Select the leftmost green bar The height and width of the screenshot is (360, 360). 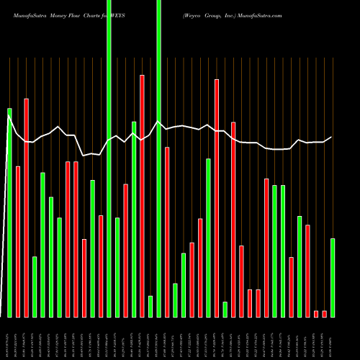pyautogui.click(x=10, y=212)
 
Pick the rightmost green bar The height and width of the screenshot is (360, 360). pyautogui.click(x=333, y=277)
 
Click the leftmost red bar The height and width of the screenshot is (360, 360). pyautogui.click(x=18, y=241)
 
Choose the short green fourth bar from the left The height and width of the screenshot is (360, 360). pyautogui.click(x=35, y=287)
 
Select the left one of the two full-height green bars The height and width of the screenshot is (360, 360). pyautogui.click(x=109, y=158)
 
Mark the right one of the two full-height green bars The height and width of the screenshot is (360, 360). pyautogui.click(x=158, y=158)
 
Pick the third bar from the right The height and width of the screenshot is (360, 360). pyautogui.click(x=316, y=313)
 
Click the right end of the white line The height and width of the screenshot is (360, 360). pyautogui.click(x=331, y=138)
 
